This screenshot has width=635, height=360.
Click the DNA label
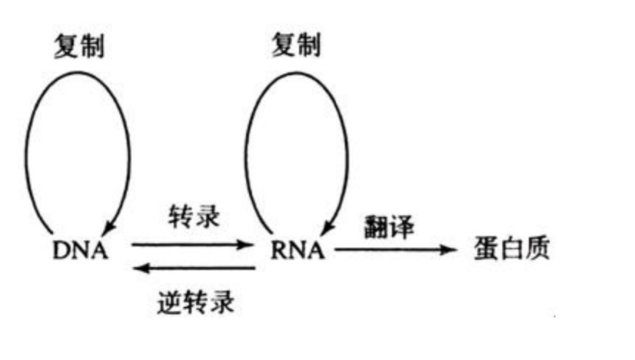[x=81, y=251]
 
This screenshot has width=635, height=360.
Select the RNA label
[x=298, y=251]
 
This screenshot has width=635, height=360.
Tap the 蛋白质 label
[x=511, y=249]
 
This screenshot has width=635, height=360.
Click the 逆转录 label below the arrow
[x=196, y=302]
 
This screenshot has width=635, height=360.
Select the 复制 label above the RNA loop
[x=296, y=45]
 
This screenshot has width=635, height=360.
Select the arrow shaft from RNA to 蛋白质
[x=388, y=249]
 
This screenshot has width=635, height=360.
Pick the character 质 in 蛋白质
[x=537, y=249]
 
